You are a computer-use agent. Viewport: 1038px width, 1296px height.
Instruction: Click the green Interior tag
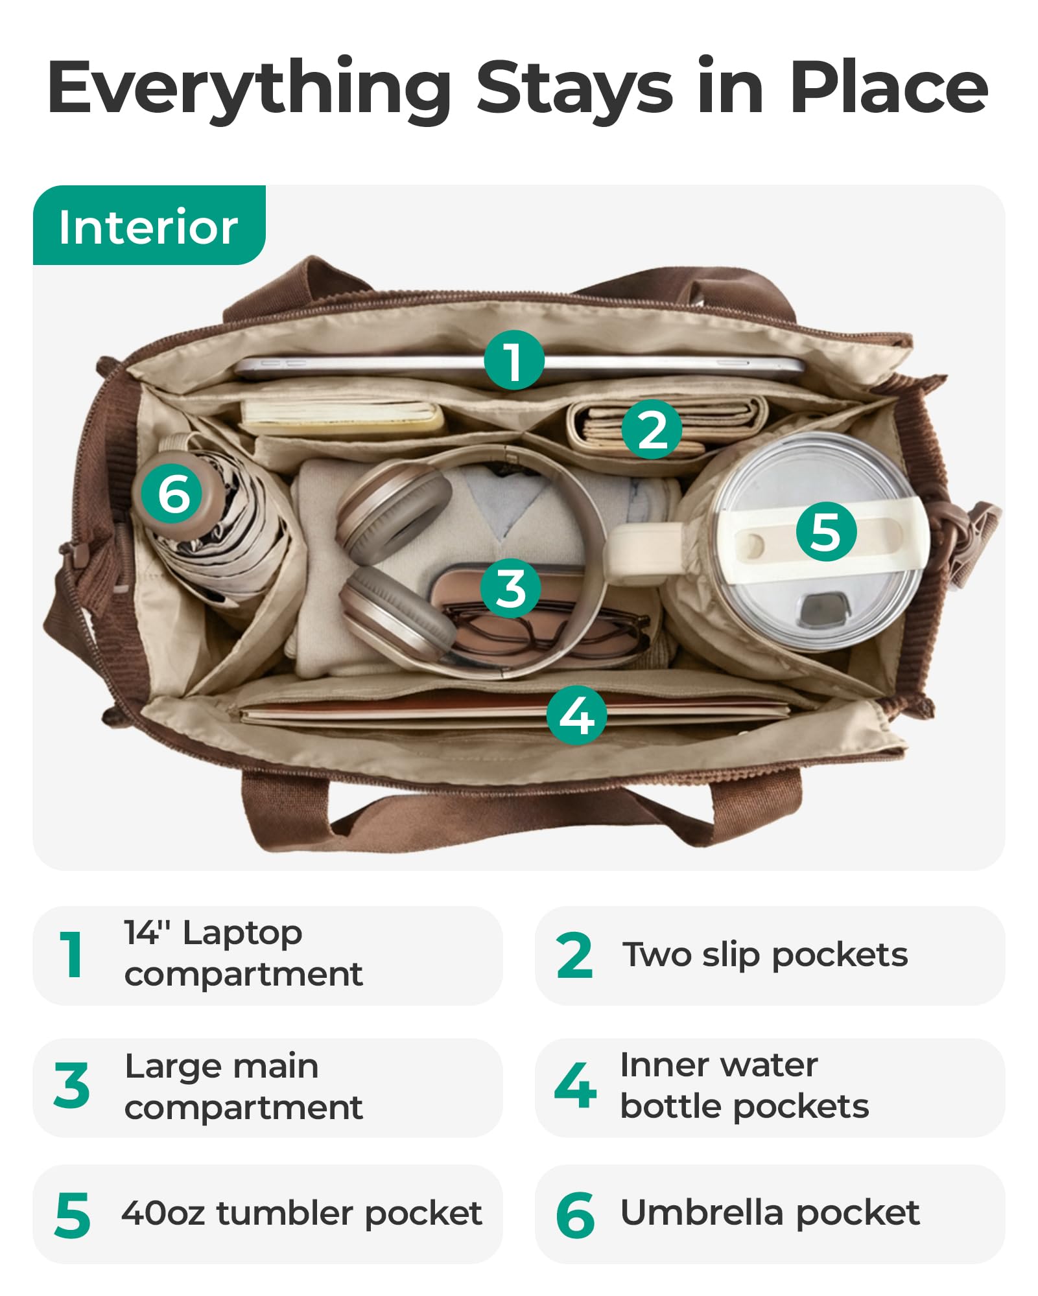pyautogui.click(x=149, y=226)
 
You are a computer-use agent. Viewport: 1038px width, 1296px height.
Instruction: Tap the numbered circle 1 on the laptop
pyautogui.click(x=514, y=360)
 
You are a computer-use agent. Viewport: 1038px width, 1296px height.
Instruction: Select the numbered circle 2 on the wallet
pyautogui.click(x=652, y=429)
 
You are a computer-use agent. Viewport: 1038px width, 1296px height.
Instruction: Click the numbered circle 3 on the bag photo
pyautogui.click(x=511, y=588)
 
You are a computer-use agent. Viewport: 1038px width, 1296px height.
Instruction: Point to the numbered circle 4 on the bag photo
pyautogui.click(x=577, y=715)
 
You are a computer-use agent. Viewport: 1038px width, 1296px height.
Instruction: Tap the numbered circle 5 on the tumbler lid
pyautogui.click(x=826, y=531)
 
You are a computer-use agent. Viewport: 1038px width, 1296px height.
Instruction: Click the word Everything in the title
pyautogui.click(x=250, y=88)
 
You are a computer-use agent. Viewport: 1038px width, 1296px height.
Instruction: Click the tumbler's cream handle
pyautogui.click(x=642, y=548)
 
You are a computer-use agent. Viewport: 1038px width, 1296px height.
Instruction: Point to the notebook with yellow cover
pyautogui.click(x=342, y=419)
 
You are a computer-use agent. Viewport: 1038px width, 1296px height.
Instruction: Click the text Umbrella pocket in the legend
pyautogui.click(x=770, y=1213)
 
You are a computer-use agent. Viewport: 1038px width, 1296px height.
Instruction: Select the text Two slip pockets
pyautogui.click(x=766, y=955)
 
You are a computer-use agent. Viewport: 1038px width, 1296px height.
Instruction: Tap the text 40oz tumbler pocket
pyautogui.click(x=302, y=1213)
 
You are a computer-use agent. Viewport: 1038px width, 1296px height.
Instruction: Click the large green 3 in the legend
pyautogui.click(x=72, y=1085)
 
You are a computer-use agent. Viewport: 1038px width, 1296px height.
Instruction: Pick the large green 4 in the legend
pyautogui.click(x=575, y=1085)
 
